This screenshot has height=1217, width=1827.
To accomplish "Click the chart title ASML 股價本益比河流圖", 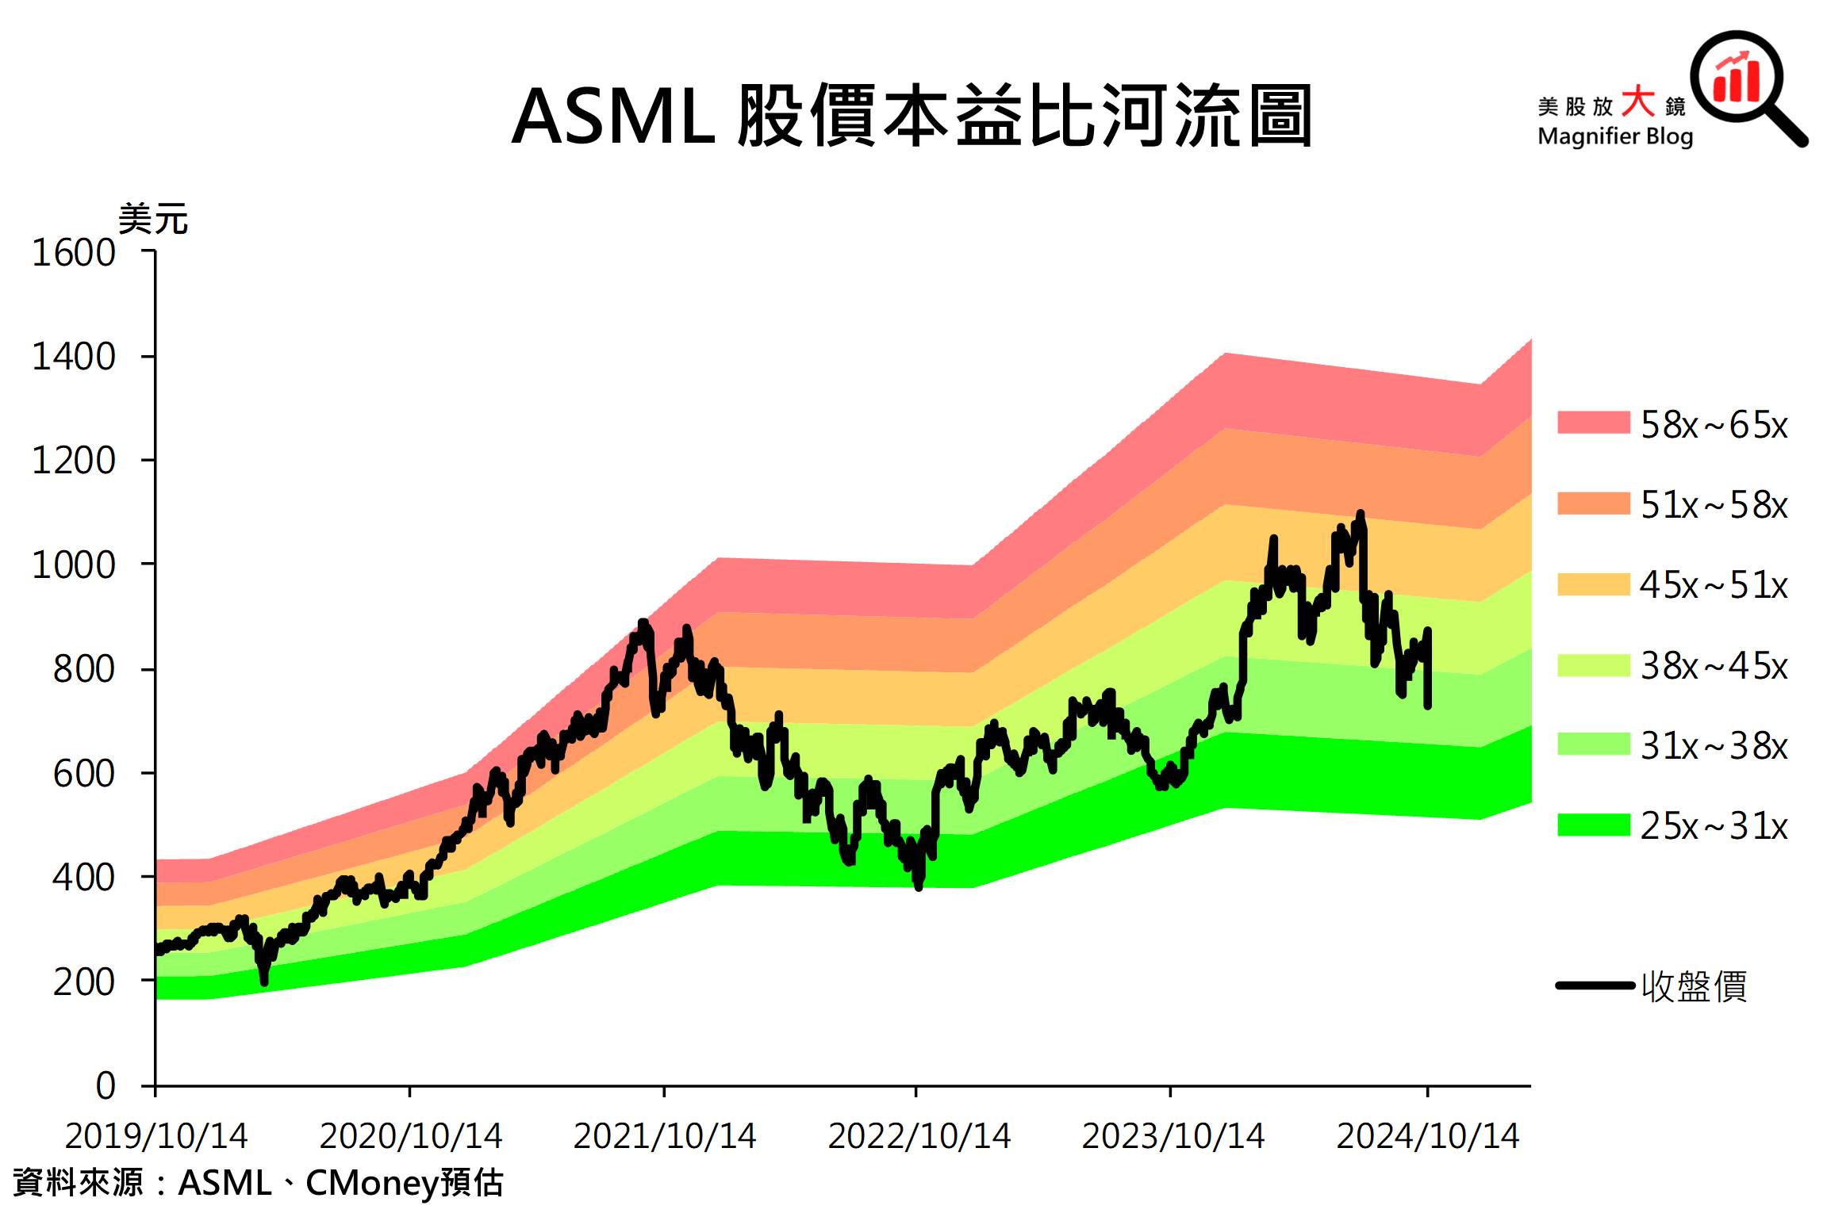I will pos(912,117).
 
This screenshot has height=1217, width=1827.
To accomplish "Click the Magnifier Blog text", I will pos(1615,136).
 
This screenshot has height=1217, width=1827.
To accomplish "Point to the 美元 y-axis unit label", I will pos(153,219).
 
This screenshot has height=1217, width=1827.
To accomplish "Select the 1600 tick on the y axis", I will pos(74,253).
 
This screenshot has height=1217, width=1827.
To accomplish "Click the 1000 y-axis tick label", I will pos(74,565).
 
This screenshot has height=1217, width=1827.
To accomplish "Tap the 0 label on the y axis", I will pos(106,1085).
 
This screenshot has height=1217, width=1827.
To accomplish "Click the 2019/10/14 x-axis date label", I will pos(156,1136).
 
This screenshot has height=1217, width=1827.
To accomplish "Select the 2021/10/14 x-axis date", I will pos(665,1136).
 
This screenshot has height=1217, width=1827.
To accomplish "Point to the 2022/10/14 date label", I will pos(919,1136).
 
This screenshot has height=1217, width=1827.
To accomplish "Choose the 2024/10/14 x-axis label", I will pos(1428,1136).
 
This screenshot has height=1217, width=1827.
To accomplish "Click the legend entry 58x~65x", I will pos(1714,425).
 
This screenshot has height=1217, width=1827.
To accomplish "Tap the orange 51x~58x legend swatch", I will pos(1593,503).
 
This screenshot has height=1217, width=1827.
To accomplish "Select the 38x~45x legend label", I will pos(1714,666).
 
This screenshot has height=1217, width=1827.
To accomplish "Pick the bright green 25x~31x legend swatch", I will pos(1593,825).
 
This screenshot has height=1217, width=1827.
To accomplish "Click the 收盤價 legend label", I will pos(1694,986).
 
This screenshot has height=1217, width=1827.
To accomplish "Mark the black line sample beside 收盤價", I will pos(1595,985).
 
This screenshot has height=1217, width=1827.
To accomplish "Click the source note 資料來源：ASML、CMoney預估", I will pos(258,1183).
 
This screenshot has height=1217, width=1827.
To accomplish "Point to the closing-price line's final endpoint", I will pos(1428,705).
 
